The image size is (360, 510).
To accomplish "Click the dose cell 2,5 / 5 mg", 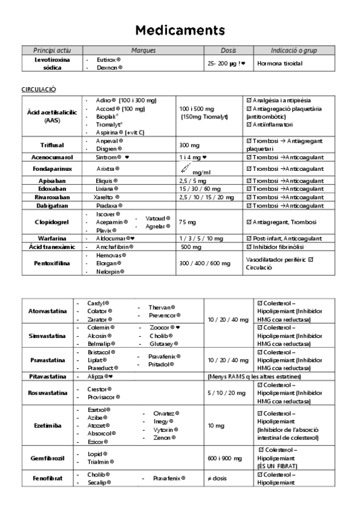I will pos(193,180).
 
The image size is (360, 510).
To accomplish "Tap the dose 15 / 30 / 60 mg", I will pos(200,188).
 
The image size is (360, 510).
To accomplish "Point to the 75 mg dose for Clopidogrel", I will pos(187,222).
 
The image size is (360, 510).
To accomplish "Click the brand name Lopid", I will pos(97,453).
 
